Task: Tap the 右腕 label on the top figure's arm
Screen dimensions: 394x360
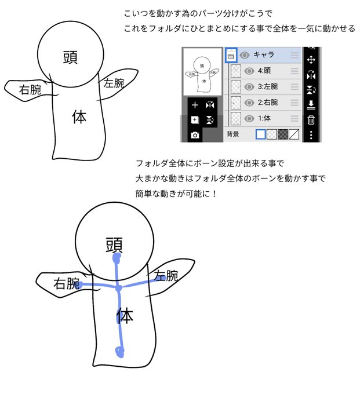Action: pyautogui.click(x=30, y=89)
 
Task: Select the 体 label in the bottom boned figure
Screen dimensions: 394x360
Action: pyautogui.click(x=124, y=316)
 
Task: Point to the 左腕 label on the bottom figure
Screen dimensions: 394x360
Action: pyautogui.click(x=165, y=276)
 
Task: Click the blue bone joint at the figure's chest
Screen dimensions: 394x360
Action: pyautogui.click(x=118, y=288)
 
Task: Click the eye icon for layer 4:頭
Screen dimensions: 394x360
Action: pyautogui.click(x=249, y=71)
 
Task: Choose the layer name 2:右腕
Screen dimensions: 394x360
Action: pyautogui.click(x=267, y=103)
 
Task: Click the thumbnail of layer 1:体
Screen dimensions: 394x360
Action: pyautogui.click(x=236, y=118)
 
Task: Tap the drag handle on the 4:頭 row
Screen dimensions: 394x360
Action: pyautogui.click(x=295, y=71)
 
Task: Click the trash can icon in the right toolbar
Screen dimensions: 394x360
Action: pyautogui.click(x=311, y=120)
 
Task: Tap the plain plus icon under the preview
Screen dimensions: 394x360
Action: pyautogui.click(x=195, y=105)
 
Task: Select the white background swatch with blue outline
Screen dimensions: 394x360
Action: pyautogui.click(x=261, y=134)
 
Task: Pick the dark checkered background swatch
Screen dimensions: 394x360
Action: pyautogui.click(x=283, y=134)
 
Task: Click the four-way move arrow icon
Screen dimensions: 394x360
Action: pyautogui.click(x=311, y=60)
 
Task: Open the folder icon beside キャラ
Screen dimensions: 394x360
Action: pyautogui.click(x=231, y=56)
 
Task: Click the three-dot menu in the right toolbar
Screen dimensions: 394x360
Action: pyautogui.click(x=311, y=136)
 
